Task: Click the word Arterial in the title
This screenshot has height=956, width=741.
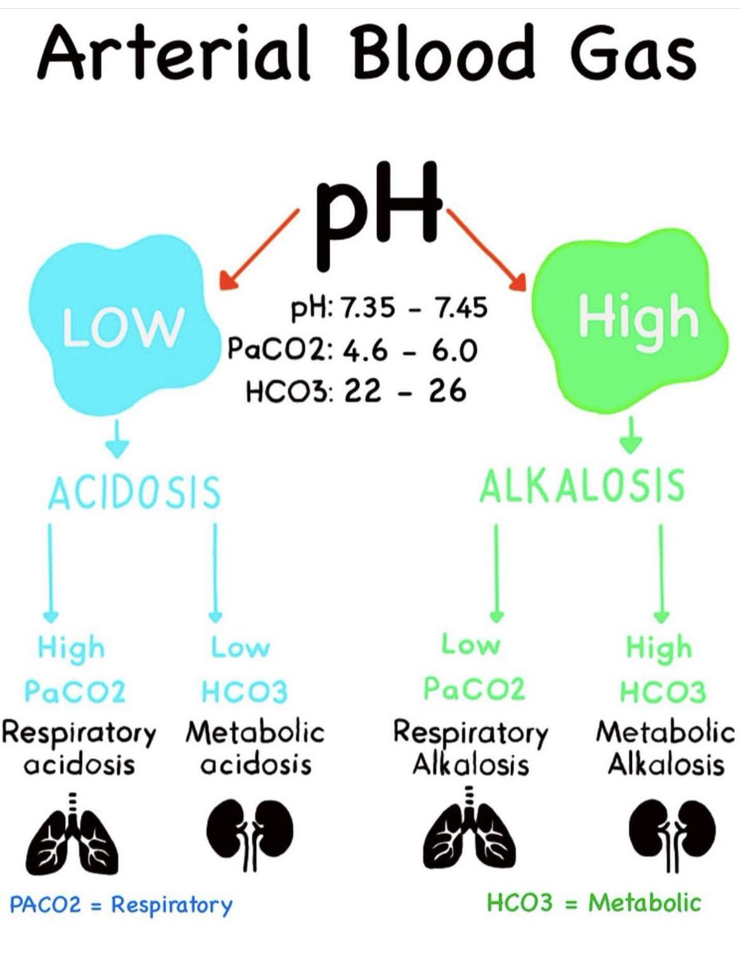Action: click(174, 53)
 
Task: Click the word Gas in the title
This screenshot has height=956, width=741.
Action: click(634, 53)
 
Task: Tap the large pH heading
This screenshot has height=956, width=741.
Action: click(380, 216)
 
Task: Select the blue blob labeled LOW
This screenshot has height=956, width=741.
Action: click(124, 325)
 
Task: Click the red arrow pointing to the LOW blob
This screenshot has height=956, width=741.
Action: click(259, 249)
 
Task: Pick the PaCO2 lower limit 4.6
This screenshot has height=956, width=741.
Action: click(365, 351)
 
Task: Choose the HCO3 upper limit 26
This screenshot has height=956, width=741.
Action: click(447, 390)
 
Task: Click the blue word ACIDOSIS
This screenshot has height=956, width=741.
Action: click(134, 492)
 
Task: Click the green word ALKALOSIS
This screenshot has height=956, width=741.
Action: click(582, 485)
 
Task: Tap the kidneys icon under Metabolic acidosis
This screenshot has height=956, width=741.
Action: click(250, 835)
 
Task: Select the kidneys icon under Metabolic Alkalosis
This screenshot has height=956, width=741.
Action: click(673, 835)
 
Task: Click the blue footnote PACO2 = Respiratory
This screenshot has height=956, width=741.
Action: click(121, 906)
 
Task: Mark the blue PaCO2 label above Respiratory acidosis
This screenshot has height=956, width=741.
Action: click(75, 692)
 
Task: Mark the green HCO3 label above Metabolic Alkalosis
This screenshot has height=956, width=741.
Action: click(663, 692)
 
